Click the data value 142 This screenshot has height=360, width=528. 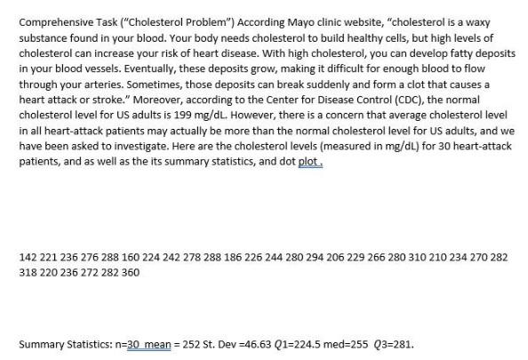[28, 256]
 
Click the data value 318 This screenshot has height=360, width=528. [28, 272]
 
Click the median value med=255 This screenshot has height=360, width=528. [326, 343]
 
